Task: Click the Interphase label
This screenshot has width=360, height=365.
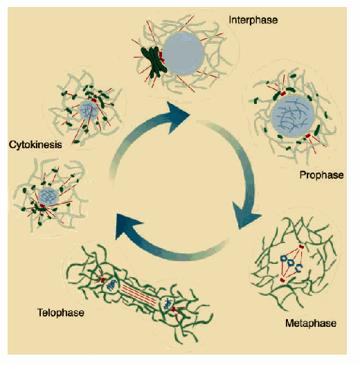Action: coord(253,20)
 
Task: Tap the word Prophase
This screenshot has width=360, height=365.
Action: coord(321,175)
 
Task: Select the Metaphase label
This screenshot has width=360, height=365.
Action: coord(311,323)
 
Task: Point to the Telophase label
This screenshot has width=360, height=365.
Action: coord(61,312)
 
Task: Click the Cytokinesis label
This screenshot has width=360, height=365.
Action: coord(35,145)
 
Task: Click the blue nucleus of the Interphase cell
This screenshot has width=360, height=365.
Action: coord(183,53)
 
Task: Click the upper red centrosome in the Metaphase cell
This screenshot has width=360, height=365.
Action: coord(301,247)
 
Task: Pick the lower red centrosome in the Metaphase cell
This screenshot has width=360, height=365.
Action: coord(282,280)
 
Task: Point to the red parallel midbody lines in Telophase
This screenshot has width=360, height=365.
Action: coord(139,294)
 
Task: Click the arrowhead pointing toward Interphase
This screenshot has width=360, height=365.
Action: coord(177,116)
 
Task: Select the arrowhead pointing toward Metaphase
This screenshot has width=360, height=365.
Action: coord(246,215)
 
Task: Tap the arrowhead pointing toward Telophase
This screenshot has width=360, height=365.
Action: coord(127,225)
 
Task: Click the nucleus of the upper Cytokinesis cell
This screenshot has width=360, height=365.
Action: coord(89,110)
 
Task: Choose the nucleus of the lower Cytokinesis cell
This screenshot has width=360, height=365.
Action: coord(48,197)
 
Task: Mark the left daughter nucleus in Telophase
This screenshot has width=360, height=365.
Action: coord(111,285)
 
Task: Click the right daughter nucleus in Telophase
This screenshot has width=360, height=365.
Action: coord(167,304)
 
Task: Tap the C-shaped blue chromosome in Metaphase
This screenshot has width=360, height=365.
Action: coord(299,268)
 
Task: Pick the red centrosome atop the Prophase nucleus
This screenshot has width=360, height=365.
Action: coord(282,94)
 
